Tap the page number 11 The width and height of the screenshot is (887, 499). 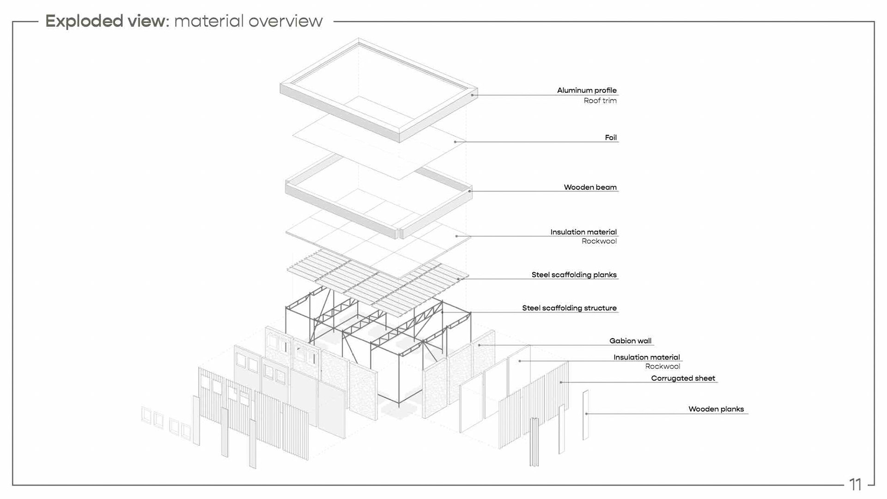point(855,484)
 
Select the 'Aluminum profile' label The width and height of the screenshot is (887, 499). point(586,90)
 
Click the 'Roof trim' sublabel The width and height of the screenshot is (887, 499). point(600,101)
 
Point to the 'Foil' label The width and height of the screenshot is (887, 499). point(610,137)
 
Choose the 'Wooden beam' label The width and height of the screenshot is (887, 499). point(590,187)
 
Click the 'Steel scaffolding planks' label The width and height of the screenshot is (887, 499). point(574,274)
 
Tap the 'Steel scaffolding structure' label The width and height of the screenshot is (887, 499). point(569,308)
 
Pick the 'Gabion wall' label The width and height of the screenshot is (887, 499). point(630,341)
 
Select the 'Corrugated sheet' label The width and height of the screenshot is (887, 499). point(683,378)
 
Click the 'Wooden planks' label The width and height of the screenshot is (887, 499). point(716,409)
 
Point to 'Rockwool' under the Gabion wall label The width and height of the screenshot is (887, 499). point(662,366)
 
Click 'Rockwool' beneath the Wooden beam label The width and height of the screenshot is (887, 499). point(599,241)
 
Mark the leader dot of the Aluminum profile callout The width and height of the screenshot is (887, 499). point(472,95)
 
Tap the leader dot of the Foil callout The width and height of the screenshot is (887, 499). point(455,142)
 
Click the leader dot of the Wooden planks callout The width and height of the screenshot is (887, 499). point(586,414)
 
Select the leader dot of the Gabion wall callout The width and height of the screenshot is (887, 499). point(480,345)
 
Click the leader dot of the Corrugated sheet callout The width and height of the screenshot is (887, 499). point(561,382)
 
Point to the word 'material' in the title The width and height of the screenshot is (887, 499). point(209,21)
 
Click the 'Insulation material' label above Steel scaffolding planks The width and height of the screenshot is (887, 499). point(583,232)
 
